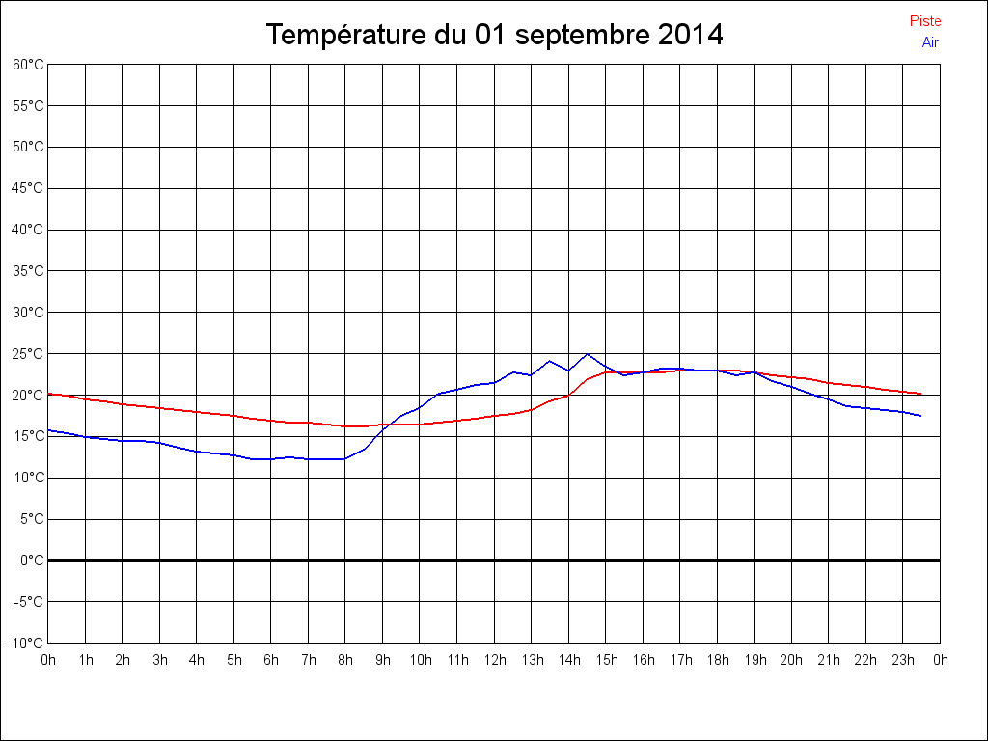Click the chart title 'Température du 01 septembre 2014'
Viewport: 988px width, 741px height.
tap(494, 35)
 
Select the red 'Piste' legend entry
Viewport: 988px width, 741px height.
tap(924, 21)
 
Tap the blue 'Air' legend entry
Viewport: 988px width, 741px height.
tap(930, 42)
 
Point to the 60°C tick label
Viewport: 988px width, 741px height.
tap(28, 64)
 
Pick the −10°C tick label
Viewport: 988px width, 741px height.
tap(26, 643)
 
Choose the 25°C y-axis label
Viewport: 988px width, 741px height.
tap(28, 354)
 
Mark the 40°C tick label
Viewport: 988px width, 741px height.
tap(28, 230)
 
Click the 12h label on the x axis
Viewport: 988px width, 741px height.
tap(494, 660)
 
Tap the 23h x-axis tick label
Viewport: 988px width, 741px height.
tap(903, 660)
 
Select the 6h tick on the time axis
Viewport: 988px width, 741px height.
tap(271, 660)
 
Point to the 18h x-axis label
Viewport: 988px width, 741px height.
tap(717, 660)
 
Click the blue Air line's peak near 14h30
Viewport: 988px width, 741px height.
tap(587, 354)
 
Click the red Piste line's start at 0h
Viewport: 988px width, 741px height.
tap(49, 394)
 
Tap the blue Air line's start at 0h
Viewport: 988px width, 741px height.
tap(49, 430)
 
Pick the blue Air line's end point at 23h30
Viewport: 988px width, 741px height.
tap(920, 416)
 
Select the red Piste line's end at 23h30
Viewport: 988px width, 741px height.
tap(920, 394)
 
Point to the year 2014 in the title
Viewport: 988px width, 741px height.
tap(690, 35)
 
